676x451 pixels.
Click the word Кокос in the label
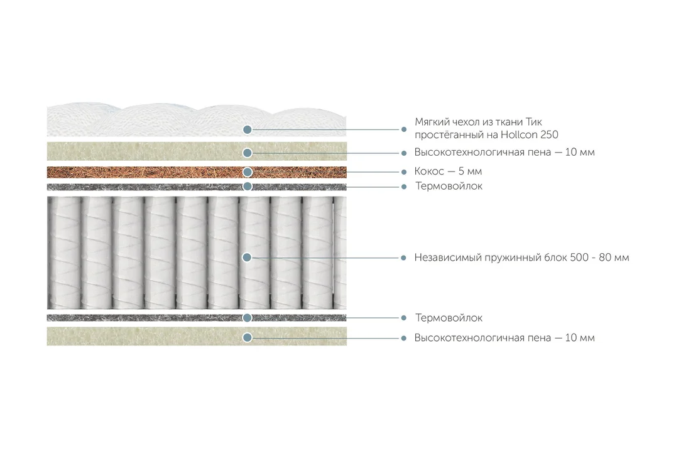[429, 171]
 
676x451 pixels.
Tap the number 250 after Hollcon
[549, 135]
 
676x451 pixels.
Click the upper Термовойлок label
[449, 187]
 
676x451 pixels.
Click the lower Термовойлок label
[449, 318]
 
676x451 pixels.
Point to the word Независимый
[448, 258]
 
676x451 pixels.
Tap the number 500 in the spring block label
[579, 258]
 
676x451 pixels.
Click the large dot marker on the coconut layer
[248, 172]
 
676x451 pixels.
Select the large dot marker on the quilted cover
[248, 129]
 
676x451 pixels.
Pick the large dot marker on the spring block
[247, 258]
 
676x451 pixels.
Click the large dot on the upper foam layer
[248, 153]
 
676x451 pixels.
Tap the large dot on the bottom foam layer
[248, 337]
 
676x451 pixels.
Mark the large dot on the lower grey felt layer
[248, 318]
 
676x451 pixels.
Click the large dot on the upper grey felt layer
[248, 187]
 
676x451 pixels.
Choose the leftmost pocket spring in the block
[64, 253]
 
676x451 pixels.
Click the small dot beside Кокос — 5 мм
[404, 172]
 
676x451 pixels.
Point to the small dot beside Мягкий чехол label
[404, 129]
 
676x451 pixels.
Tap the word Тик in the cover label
[534, 122]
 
